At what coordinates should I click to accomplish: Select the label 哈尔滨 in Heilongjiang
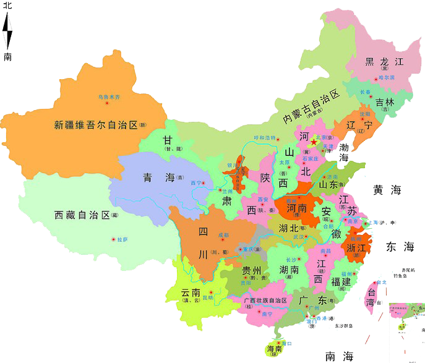click(x=386, y=78)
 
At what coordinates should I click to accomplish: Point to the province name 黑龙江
click(x=384, y=61)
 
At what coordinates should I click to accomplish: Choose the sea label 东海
click(x=399, y=247)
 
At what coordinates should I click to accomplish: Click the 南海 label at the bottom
click(x=339, y=356)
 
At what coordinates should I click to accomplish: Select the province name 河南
click(x=294, y=208)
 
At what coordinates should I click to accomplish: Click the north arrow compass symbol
click(x=8, y=31)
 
